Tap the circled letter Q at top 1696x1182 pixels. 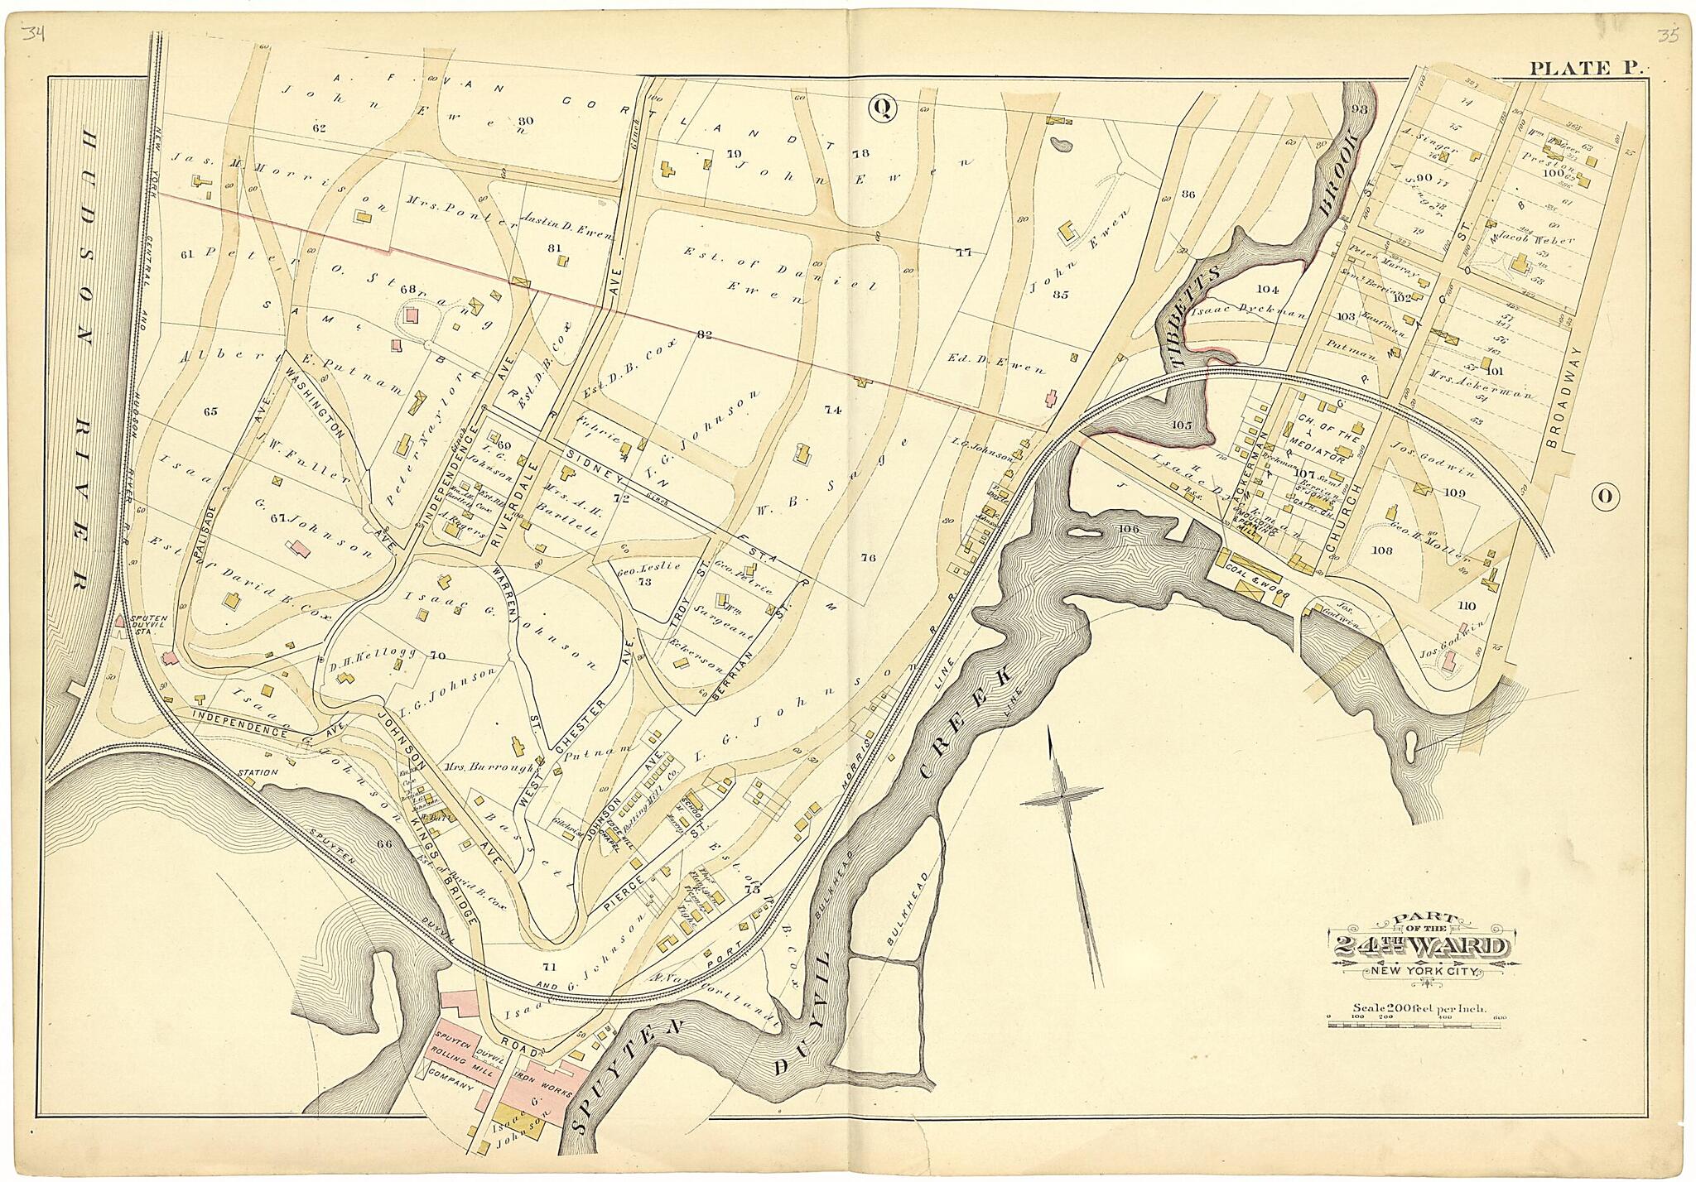pyautogui.click(x=883, y=108)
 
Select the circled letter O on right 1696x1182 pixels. pyautogui.click(x=1603, y=496)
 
